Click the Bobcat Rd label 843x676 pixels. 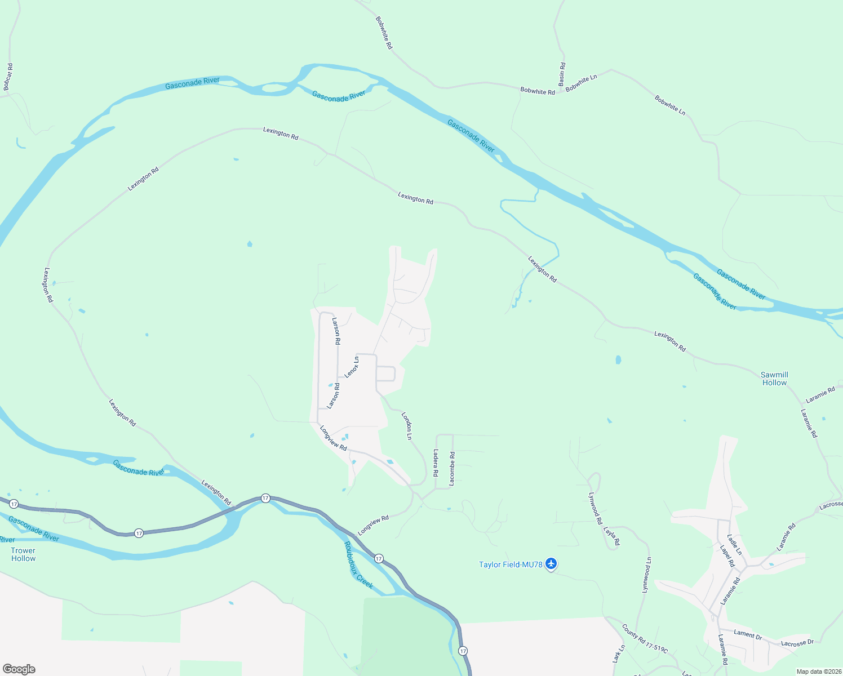[x=8, y=77]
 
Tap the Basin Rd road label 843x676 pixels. [x=562, y=74]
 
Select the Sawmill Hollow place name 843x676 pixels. [x=774, y=379]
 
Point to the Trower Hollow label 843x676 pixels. [x=23, y=554]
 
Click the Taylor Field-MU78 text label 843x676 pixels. [x=510, y=564]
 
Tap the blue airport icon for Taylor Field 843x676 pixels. [x=551, y=563]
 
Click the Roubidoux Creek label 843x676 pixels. [x=358, y=565]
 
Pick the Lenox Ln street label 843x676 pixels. [x=352, y=367]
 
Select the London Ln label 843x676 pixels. [x=407, y=426]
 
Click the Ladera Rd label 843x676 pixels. [x=436, y=462]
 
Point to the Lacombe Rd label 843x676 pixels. [x=451, y=469]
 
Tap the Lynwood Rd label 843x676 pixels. [x=595, y=508]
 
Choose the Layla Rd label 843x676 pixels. [x=611, y=536]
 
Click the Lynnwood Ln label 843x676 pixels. [x=647, y=575]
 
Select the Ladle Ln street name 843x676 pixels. [x=734, y=545]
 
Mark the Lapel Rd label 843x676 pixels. [x=727, y=555]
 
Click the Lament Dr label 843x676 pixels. [x=748, y=634]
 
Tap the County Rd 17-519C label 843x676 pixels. [x=645, y=639]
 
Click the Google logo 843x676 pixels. [x=19, y=669]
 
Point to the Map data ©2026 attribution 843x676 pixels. [x=818, y=671]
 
